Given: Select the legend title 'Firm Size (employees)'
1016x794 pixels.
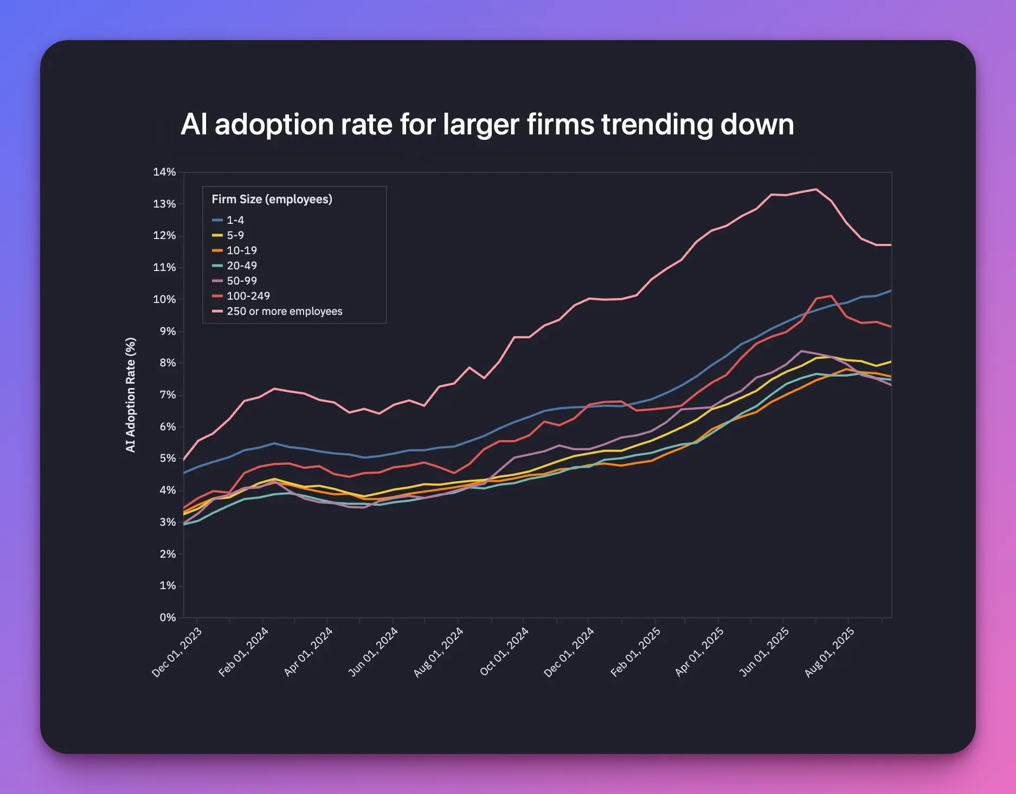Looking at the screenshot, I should coord(272,199).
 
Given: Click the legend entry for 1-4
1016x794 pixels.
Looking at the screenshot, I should coord(235,220).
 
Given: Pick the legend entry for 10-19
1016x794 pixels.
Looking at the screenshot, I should coord(241,250).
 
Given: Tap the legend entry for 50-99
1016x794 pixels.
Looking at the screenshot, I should coord(241,281).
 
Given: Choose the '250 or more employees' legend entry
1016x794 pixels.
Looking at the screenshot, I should coord(284,311).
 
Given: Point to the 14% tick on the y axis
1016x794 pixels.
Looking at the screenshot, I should coord(164,172).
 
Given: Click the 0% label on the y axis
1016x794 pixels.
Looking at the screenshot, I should coord(167,617).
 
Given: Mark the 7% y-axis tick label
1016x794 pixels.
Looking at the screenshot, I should coord(167,395).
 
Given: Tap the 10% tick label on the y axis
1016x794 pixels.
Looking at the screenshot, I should coord(164,299).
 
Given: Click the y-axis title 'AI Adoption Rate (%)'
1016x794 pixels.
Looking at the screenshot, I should coord(131,395).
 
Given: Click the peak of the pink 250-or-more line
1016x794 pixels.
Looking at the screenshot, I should coord(816,189).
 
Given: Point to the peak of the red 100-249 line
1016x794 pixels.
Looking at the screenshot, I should coord(831,295).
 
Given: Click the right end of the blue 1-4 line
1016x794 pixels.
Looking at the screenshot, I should coord(891,291).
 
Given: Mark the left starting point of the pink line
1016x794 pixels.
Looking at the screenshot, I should coord(184,460).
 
